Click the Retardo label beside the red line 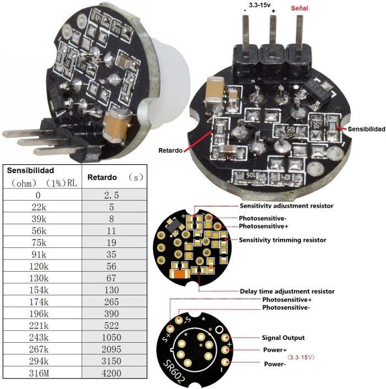[170, 150]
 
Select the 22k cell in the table [42, 207]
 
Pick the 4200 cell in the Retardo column [115, 373]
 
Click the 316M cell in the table [42, 373]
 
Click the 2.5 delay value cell [115, 194]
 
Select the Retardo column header [101, 177]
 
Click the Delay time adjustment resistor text [287, 291]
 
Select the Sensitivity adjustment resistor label [287, 206]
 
